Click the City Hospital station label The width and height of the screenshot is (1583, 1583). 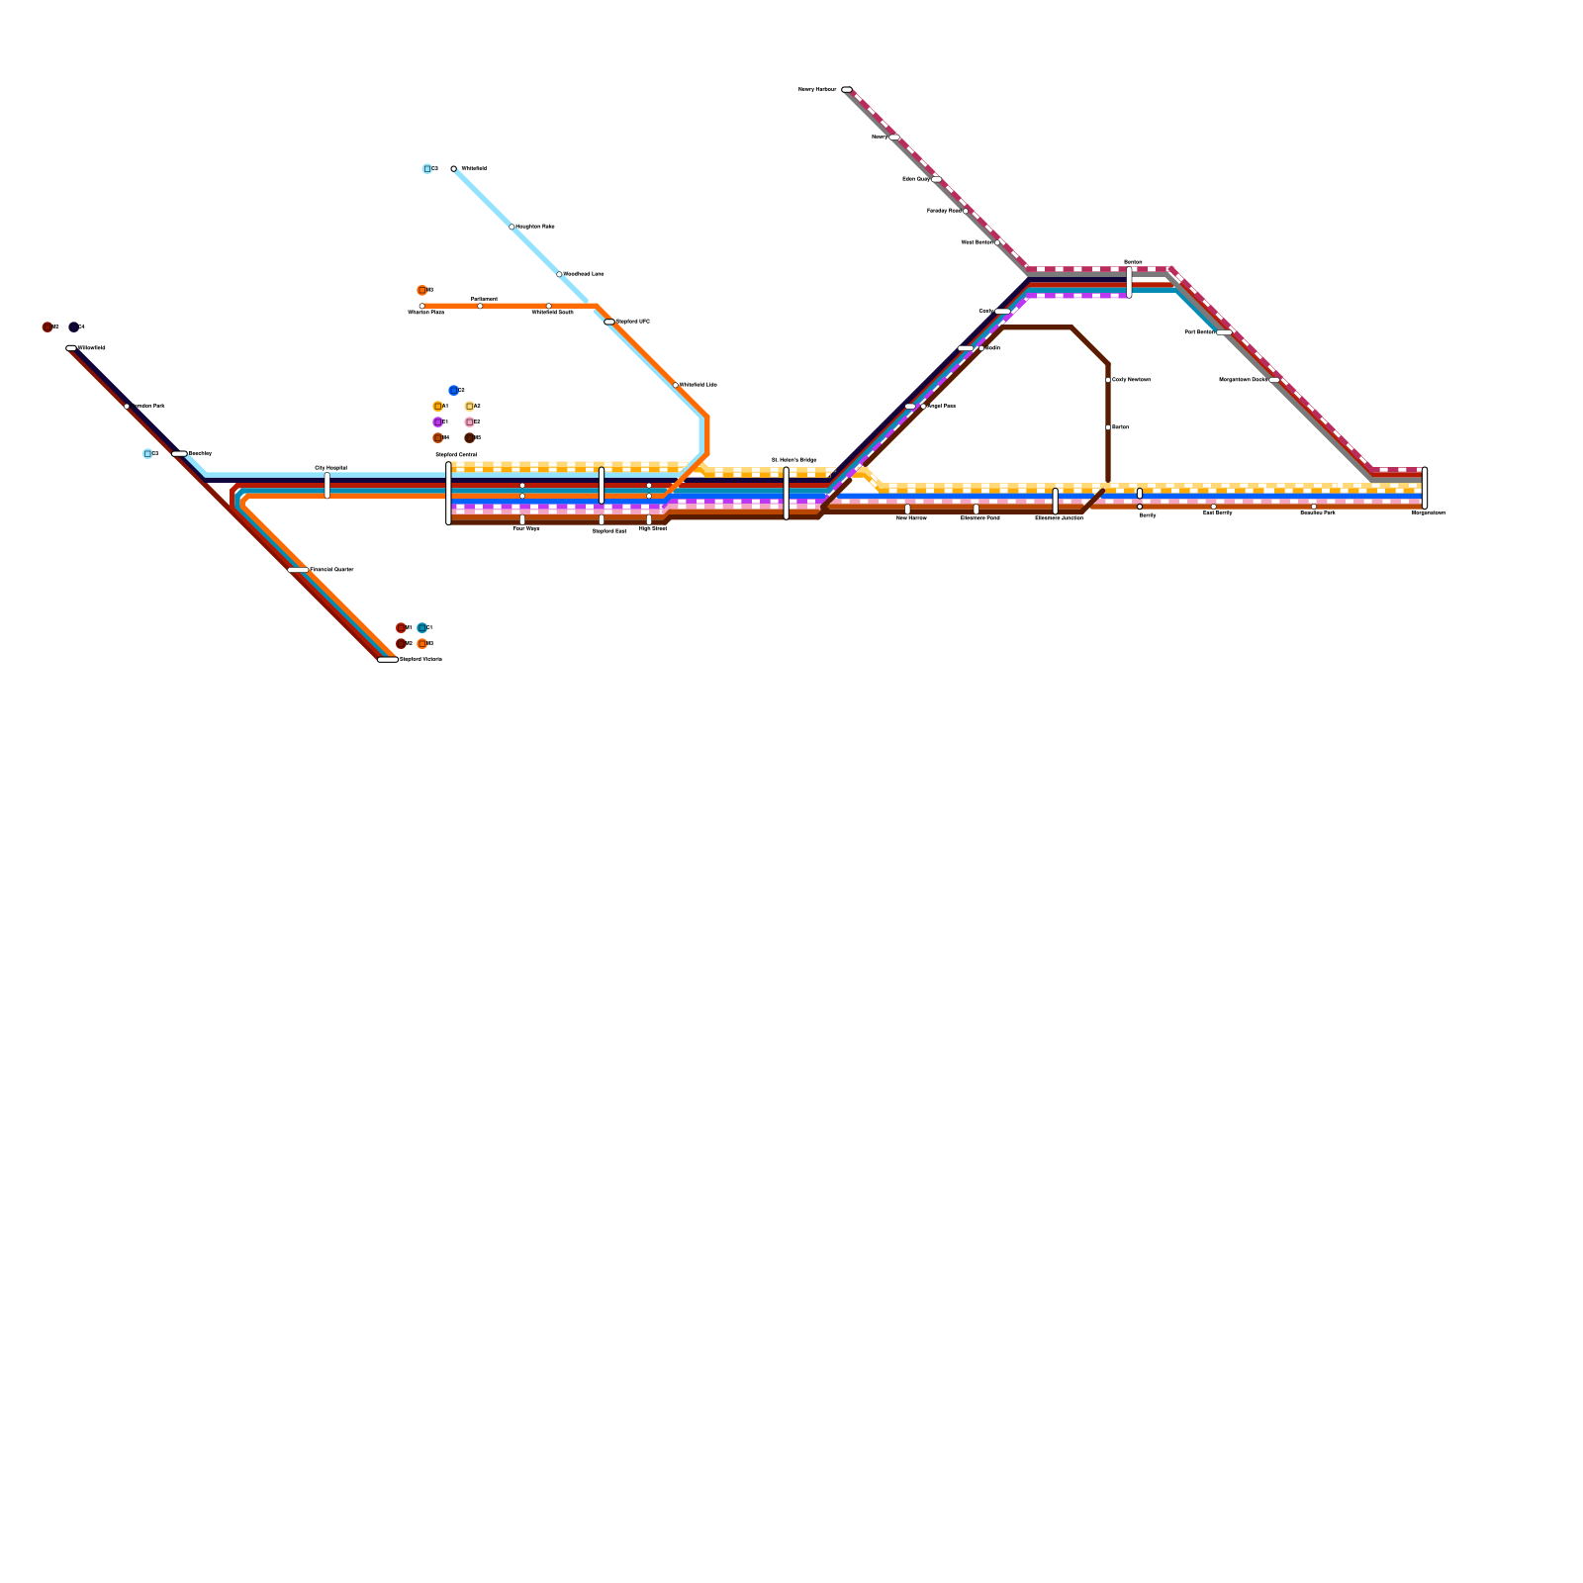coord(330,467)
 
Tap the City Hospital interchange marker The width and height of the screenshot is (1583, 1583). coord(327,486)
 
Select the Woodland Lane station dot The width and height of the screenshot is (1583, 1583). coord(559,274)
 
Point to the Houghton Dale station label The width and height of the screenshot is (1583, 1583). coord(534,227)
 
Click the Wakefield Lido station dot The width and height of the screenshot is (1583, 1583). coord(676,385)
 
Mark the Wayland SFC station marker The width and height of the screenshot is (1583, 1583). coord(609,322)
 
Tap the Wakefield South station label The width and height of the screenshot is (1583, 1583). coord(552,313)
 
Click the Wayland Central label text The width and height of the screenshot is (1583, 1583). coord(456,455)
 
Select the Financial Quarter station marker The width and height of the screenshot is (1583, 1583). coord(298,570)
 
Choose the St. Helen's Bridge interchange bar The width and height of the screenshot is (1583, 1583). coord(787,493)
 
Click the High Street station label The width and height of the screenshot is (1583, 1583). coord(653,528)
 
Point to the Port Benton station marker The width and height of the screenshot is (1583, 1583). coord(1224,332)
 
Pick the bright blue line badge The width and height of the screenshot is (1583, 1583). coord(453,391)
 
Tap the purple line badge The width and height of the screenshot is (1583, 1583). coord(437,422)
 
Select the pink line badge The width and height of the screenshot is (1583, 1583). coord(469,422)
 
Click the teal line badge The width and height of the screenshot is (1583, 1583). coord(421,628)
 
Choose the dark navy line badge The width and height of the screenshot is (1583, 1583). coord(73,327)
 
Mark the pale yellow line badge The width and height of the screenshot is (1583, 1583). coord(469,407)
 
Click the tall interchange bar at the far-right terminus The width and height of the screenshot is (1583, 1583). coord(1425,489)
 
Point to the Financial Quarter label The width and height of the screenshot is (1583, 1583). coord(331,570)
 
